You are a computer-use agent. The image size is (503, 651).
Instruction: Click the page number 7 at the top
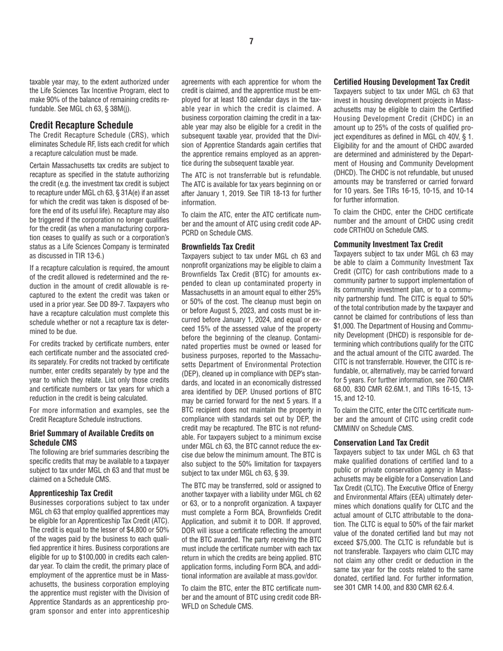click(251, 42)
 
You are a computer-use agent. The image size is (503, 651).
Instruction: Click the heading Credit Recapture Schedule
click(81, 125)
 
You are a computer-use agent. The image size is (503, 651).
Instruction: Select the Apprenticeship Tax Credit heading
click(71, 493)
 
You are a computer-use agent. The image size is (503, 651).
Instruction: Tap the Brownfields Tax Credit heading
click(218, 247)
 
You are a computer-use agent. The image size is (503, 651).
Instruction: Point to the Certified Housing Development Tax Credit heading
click(401, 82)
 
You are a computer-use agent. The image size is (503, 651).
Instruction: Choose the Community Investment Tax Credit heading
click(388, 245)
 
